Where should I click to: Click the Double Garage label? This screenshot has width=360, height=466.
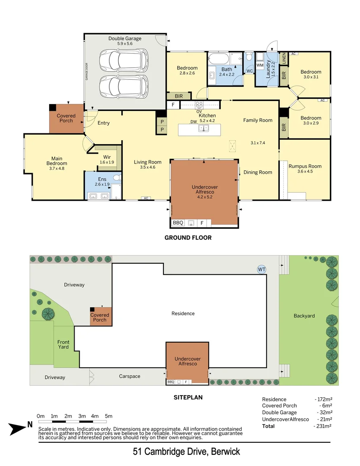[125, 38]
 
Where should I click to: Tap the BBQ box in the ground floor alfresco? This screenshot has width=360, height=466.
[178, 223]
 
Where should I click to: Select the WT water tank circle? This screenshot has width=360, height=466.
[261, 269]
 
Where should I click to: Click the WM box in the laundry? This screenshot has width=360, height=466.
[260, 65]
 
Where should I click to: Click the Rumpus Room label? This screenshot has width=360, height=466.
[305, 166]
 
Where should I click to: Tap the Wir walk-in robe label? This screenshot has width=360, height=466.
[107, 157]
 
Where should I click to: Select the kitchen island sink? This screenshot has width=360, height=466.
[203, 128]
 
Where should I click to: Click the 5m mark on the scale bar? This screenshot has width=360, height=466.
[109, 416]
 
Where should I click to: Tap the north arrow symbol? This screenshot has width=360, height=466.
[20, 428]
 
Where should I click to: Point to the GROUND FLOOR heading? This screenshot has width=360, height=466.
[188, 238]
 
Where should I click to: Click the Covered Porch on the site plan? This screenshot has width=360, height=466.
[100, 317]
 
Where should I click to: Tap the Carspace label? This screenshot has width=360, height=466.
[130, 376]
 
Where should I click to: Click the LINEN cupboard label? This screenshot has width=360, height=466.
[284, 58]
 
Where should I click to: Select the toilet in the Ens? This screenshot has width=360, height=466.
[116, 177]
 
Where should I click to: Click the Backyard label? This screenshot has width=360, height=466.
[304, 316]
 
